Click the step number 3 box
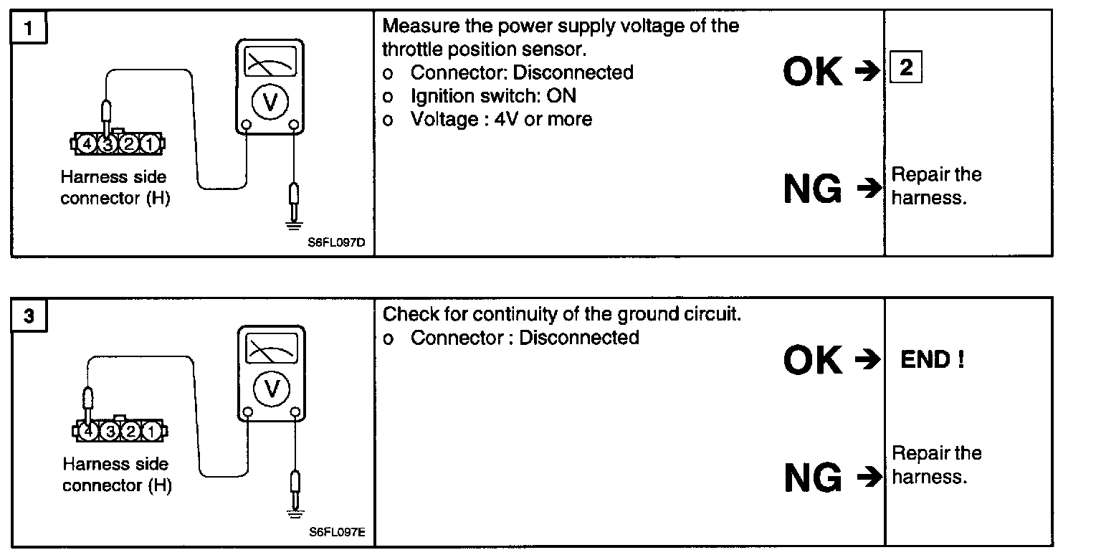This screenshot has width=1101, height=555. coord(29,316)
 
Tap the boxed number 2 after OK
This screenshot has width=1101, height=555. coord(905,69)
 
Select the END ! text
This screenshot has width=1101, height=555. coord(932,360)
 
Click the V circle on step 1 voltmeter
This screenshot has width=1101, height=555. coord(270,102)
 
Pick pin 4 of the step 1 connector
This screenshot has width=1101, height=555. coord(87,144)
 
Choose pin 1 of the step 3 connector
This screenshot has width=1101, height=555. coord(151,432)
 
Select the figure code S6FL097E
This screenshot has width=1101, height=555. coord(338,532)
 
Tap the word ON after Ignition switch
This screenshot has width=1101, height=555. coord(562,95)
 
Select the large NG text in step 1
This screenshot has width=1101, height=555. coord(813,189)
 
